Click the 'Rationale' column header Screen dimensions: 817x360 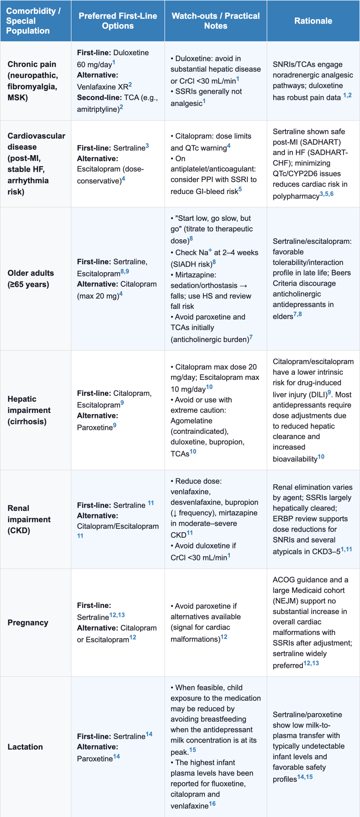[x=313, y=21]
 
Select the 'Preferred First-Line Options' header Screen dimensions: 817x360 [x=118, y=21]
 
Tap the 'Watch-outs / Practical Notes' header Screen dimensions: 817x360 [x=215, y=21]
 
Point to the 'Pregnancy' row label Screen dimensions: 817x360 [x=28, y=623]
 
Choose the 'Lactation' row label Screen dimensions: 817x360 [x=25, y=747]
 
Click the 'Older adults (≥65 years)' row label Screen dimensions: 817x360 [x=31, y=279]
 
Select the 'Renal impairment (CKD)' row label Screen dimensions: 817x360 [x=29, y=519]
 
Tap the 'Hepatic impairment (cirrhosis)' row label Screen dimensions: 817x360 [x=29, y=410]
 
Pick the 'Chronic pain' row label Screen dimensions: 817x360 [x=32, y=64]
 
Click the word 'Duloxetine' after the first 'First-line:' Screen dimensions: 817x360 [x=131, y=53]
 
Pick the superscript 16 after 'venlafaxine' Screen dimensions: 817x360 [x=212, y=804]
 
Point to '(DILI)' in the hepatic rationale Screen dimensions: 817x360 [x=318, y=395]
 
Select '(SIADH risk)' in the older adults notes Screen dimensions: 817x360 [x=191, y=264]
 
